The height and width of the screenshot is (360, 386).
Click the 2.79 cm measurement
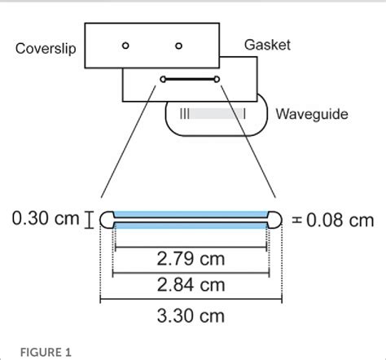191,261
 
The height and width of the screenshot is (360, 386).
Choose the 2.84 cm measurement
191,285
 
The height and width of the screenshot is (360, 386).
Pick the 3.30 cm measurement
191,314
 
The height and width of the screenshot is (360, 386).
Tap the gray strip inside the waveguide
214,114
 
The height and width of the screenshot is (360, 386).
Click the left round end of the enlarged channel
107,218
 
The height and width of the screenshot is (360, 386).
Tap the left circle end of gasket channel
163,79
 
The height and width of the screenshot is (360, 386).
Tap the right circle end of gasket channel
217,79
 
